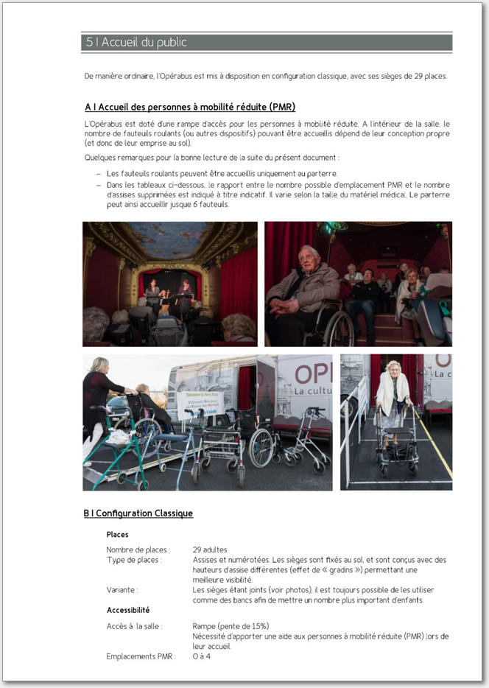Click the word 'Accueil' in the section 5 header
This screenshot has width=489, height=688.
118,43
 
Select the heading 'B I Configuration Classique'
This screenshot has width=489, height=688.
138,513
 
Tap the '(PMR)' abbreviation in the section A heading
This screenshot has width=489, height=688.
282,107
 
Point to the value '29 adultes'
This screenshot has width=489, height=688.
210,550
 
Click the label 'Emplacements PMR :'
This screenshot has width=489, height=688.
141,656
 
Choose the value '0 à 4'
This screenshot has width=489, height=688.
202,656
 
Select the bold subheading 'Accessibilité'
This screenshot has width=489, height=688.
128,610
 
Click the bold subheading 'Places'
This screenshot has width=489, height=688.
117,534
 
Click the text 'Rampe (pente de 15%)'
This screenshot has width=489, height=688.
231,626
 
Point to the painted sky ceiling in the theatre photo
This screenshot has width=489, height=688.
169,239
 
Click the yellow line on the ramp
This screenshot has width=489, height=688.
435,449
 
